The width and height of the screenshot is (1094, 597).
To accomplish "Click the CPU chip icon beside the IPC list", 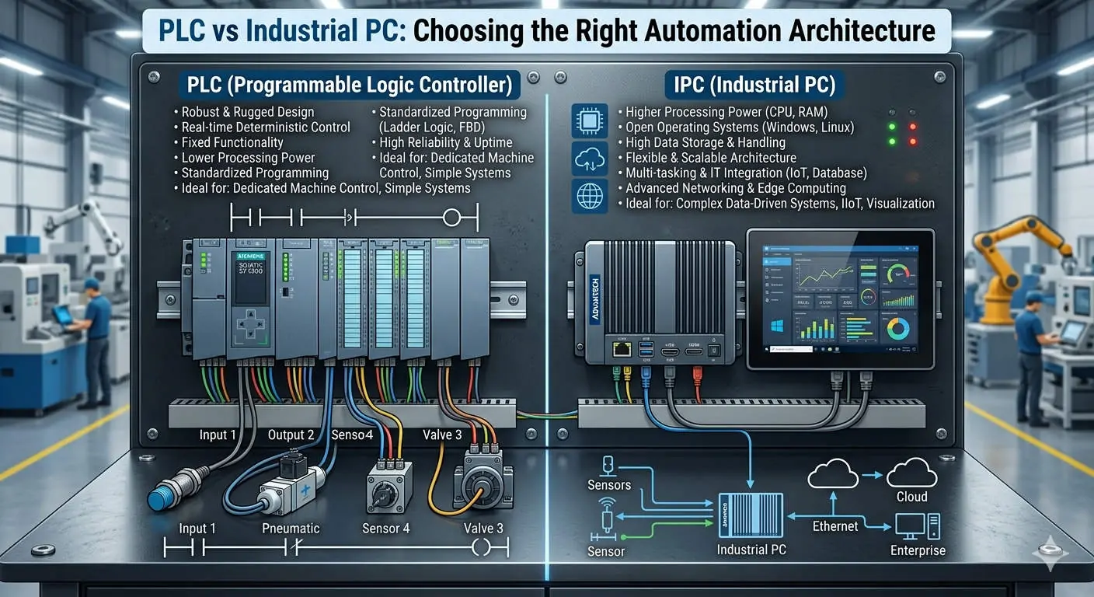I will pos(589,120).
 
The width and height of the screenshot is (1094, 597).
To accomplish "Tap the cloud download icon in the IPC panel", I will pos(589,159).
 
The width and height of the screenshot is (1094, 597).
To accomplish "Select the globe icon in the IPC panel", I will pos(589,195).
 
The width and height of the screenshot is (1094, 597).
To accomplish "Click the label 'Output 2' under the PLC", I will pos(291,435).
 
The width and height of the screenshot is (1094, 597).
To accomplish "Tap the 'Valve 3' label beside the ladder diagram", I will pos(483,528).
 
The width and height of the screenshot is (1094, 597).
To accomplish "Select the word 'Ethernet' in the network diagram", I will pos(835,526).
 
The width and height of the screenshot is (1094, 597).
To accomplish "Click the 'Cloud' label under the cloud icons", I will pos(911,497).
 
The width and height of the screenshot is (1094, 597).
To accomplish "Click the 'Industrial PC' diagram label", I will pos(751,550).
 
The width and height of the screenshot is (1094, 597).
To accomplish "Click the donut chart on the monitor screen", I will pos(897,327).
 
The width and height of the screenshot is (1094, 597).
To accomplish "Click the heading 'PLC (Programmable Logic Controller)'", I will pos(350,84).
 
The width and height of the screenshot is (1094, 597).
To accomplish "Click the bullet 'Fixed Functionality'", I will pos(232,142).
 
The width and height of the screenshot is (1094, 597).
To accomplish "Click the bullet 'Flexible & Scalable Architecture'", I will pos(711,158).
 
